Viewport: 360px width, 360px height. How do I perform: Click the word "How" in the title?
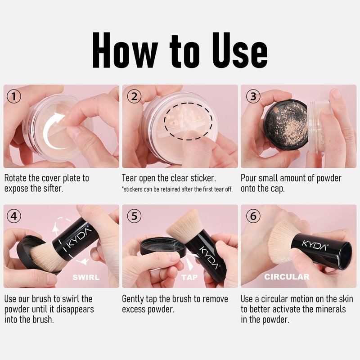125,50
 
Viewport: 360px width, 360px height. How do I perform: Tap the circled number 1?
14,96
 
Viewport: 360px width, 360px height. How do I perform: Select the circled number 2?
134,96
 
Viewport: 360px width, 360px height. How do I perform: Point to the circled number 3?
253,96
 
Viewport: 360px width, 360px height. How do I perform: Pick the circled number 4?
14,216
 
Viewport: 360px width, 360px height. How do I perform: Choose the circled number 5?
134,216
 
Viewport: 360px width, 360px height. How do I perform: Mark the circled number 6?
253,216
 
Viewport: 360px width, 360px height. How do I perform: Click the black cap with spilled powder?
286,125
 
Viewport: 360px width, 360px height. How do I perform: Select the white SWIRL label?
86,277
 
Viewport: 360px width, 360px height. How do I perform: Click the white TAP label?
189,277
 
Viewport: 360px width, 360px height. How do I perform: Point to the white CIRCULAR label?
287,277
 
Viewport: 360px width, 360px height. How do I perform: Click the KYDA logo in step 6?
315,245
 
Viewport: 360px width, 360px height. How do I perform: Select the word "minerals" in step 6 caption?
331,309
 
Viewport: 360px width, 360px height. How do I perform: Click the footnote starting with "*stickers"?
177,189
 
